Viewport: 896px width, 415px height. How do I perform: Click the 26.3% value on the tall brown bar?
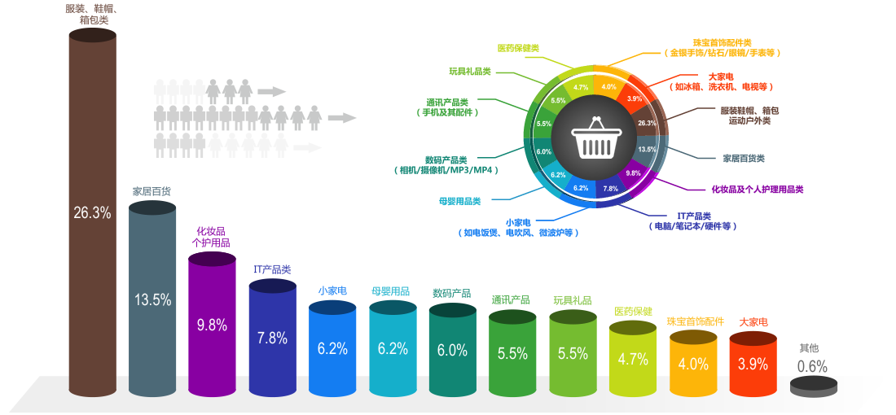click(91, 213)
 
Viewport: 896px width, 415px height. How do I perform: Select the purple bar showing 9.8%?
click(212, 325)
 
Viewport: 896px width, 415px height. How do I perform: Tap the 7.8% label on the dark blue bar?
click(272, 338)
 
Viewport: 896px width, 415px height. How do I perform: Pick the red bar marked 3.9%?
click(753, 365)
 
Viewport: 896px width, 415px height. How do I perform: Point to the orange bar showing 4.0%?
click(693, 365)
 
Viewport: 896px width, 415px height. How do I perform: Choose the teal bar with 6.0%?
click(452, 351)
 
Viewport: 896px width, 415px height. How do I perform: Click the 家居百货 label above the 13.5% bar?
click(152, 191)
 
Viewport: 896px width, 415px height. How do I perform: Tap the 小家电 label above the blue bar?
click(332, 290)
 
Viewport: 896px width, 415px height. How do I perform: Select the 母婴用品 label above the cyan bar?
click(393, 290)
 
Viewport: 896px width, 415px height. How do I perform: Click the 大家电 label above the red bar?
click(753, 322)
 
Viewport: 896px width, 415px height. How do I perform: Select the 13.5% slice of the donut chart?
click(648, 150)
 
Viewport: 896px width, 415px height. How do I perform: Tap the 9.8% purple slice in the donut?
click(634, 173)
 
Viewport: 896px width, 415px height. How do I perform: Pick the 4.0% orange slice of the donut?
click(608, 86)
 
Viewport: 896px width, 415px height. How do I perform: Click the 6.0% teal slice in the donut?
click(544, 151)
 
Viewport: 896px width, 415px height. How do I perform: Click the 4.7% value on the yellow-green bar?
click(633, 359)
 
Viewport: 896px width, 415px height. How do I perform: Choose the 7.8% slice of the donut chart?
click(611, 189)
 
